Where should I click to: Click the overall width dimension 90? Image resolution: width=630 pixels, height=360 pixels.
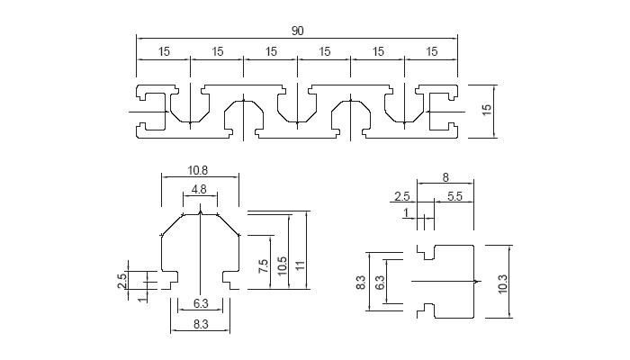(x=297, y=31)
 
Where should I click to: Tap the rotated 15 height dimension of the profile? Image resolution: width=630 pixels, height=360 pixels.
(x=487, y=110)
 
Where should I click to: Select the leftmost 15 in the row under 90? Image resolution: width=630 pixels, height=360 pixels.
(x=165, y=52)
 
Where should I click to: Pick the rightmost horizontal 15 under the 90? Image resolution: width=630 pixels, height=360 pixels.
(x=431, y=52)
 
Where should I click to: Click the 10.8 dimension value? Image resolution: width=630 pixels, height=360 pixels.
(x=199, y=170)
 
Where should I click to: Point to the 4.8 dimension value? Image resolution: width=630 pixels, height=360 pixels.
(x=199, y=190)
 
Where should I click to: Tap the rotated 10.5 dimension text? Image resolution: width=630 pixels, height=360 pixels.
(x=282, y=264)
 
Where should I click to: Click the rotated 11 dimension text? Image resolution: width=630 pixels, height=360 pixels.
(x=301, y=264)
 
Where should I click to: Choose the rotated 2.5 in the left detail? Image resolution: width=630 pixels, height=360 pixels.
(x=121, y=280)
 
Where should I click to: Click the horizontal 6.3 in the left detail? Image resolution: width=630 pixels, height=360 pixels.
(x=201, y=302)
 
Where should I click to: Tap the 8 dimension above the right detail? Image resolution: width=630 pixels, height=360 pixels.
(x=445, y=177)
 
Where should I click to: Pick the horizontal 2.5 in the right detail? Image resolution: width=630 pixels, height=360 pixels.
(x=403, y=196)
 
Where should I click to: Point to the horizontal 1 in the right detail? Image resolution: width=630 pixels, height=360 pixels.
(x=406, y=212)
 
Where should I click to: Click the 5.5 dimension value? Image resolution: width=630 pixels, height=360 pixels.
(x=454, y=196)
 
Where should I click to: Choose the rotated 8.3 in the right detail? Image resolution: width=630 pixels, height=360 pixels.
(x=360, y=283)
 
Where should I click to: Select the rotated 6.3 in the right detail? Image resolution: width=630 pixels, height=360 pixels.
(x=380, y=282)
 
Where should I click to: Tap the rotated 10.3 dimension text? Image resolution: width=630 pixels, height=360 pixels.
(x=503, y=282)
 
